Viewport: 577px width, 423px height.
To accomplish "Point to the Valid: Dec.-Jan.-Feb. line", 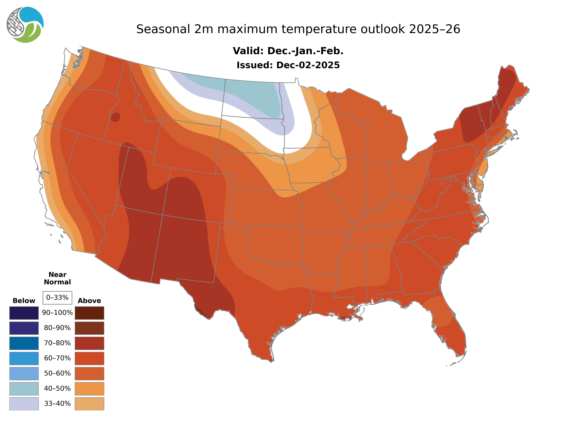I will [288, 51].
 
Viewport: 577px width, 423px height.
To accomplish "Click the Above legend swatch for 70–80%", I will [89, 343].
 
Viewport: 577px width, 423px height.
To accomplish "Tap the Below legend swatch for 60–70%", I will [24, 358].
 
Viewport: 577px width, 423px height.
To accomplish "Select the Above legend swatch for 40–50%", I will [89, 388].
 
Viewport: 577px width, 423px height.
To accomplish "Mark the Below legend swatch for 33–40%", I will [24, 403].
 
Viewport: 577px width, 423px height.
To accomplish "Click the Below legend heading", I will [24, 301].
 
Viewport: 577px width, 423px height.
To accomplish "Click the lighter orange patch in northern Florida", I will [439, 311].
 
